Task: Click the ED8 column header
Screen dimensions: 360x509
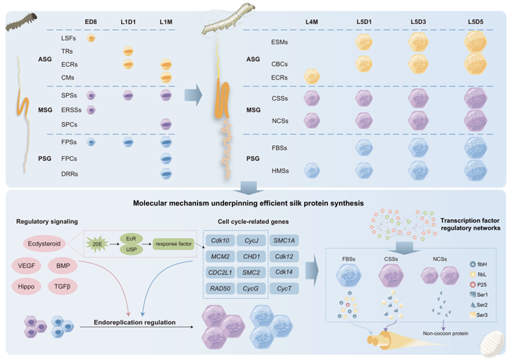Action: coord(91,23)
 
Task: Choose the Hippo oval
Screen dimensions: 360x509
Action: coord(26,286)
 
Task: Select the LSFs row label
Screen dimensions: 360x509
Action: coord(59,40)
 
